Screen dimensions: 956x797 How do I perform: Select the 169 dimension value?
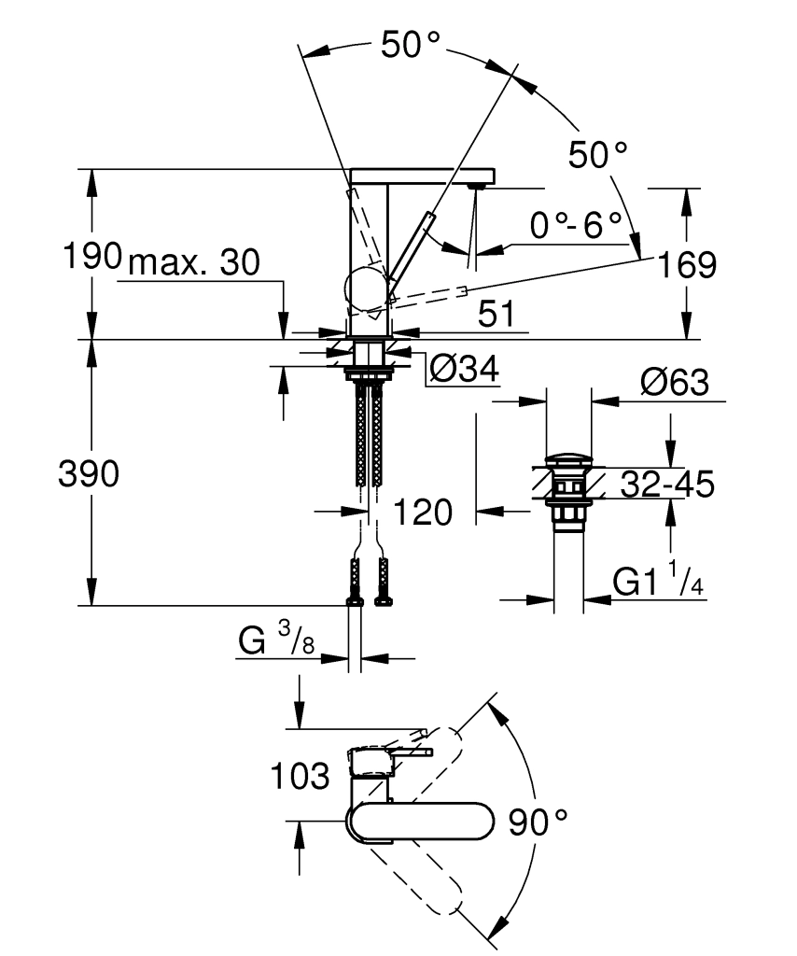coord(686,265)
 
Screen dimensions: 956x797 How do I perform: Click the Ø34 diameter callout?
coord(463,371)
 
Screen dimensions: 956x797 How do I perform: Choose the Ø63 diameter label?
coord(674,383)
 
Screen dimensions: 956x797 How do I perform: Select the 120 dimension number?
coord(422,512)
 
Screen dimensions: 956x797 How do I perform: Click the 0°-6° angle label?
coord(575,225)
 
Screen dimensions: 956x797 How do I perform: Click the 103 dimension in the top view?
coord(301,775)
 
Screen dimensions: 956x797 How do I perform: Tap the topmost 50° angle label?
coord(410,46)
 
